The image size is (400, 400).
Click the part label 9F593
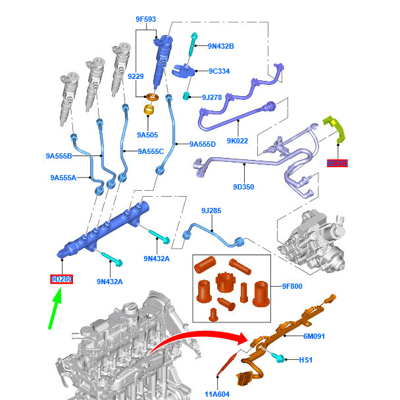(145, 20)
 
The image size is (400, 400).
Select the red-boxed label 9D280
(62, 280)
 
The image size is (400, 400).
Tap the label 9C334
(219, 71)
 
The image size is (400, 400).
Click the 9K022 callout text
(237, 140)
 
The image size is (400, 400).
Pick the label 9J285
(211, 211)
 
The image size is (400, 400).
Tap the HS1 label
(306, 360)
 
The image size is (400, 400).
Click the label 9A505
(147, 135)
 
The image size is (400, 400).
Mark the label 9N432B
(220, 46)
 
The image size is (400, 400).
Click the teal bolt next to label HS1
(280, 359)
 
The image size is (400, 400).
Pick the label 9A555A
(63, 178)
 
